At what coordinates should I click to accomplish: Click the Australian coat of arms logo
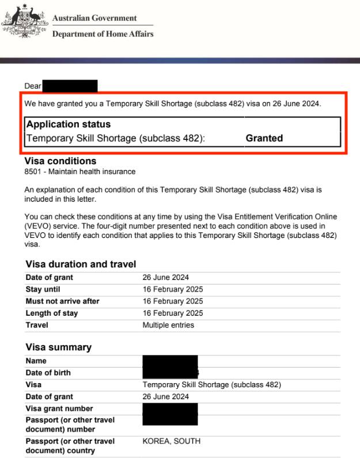point(24,21)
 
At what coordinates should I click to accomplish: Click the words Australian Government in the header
point(94,18)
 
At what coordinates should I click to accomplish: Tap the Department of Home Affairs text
point(103,34)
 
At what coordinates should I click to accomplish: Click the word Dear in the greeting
point(33,86)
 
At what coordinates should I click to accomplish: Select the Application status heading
point(69,124)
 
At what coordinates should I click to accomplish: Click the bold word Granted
point(264,138)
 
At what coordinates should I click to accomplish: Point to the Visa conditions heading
point(60,161)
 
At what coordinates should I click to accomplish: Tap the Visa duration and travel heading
point(81,264)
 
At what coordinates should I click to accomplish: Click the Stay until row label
point(43,289)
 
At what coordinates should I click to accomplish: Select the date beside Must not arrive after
point(173,301)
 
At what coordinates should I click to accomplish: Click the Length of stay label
point(52,313)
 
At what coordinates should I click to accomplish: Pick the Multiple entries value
point(168,325)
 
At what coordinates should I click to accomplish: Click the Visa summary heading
point(58,347)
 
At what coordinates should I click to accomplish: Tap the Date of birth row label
point(48,373)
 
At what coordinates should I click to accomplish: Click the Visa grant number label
point(59,408)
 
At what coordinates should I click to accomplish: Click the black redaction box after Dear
point(70,86)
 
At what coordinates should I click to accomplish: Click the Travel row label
point(37,325)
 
